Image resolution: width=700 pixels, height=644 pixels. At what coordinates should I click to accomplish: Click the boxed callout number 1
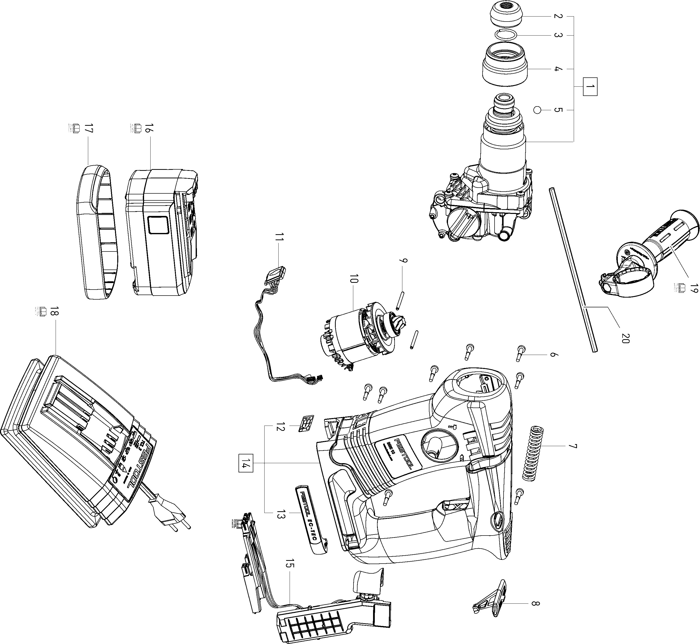[x=590, y=86]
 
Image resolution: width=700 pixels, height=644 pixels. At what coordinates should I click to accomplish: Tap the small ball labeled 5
[x=537, y=110]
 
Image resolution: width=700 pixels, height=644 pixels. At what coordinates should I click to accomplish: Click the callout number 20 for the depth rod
[x=624, y=338]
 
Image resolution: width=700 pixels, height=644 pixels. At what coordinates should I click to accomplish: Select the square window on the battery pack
[x=158, y=225]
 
